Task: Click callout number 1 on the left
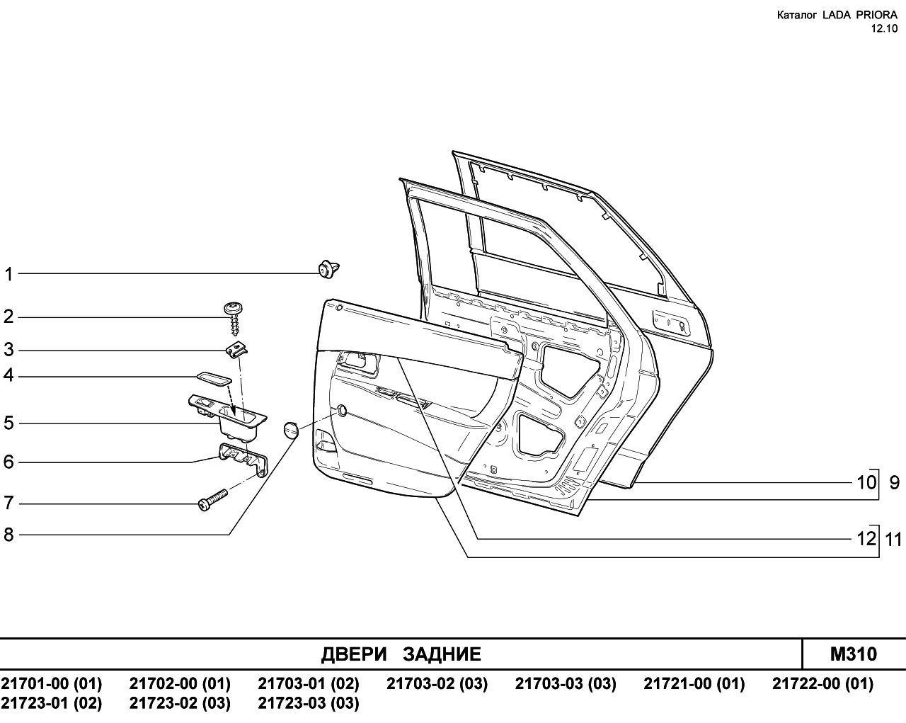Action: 8,274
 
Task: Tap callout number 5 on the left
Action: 8,423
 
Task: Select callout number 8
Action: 8,535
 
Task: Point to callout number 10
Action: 866,483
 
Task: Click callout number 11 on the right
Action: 893,540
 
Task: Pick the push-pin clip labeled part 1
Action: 328,269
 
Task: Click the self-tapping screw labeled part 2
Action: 234,319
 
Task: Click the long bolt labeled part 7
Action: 212,500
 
